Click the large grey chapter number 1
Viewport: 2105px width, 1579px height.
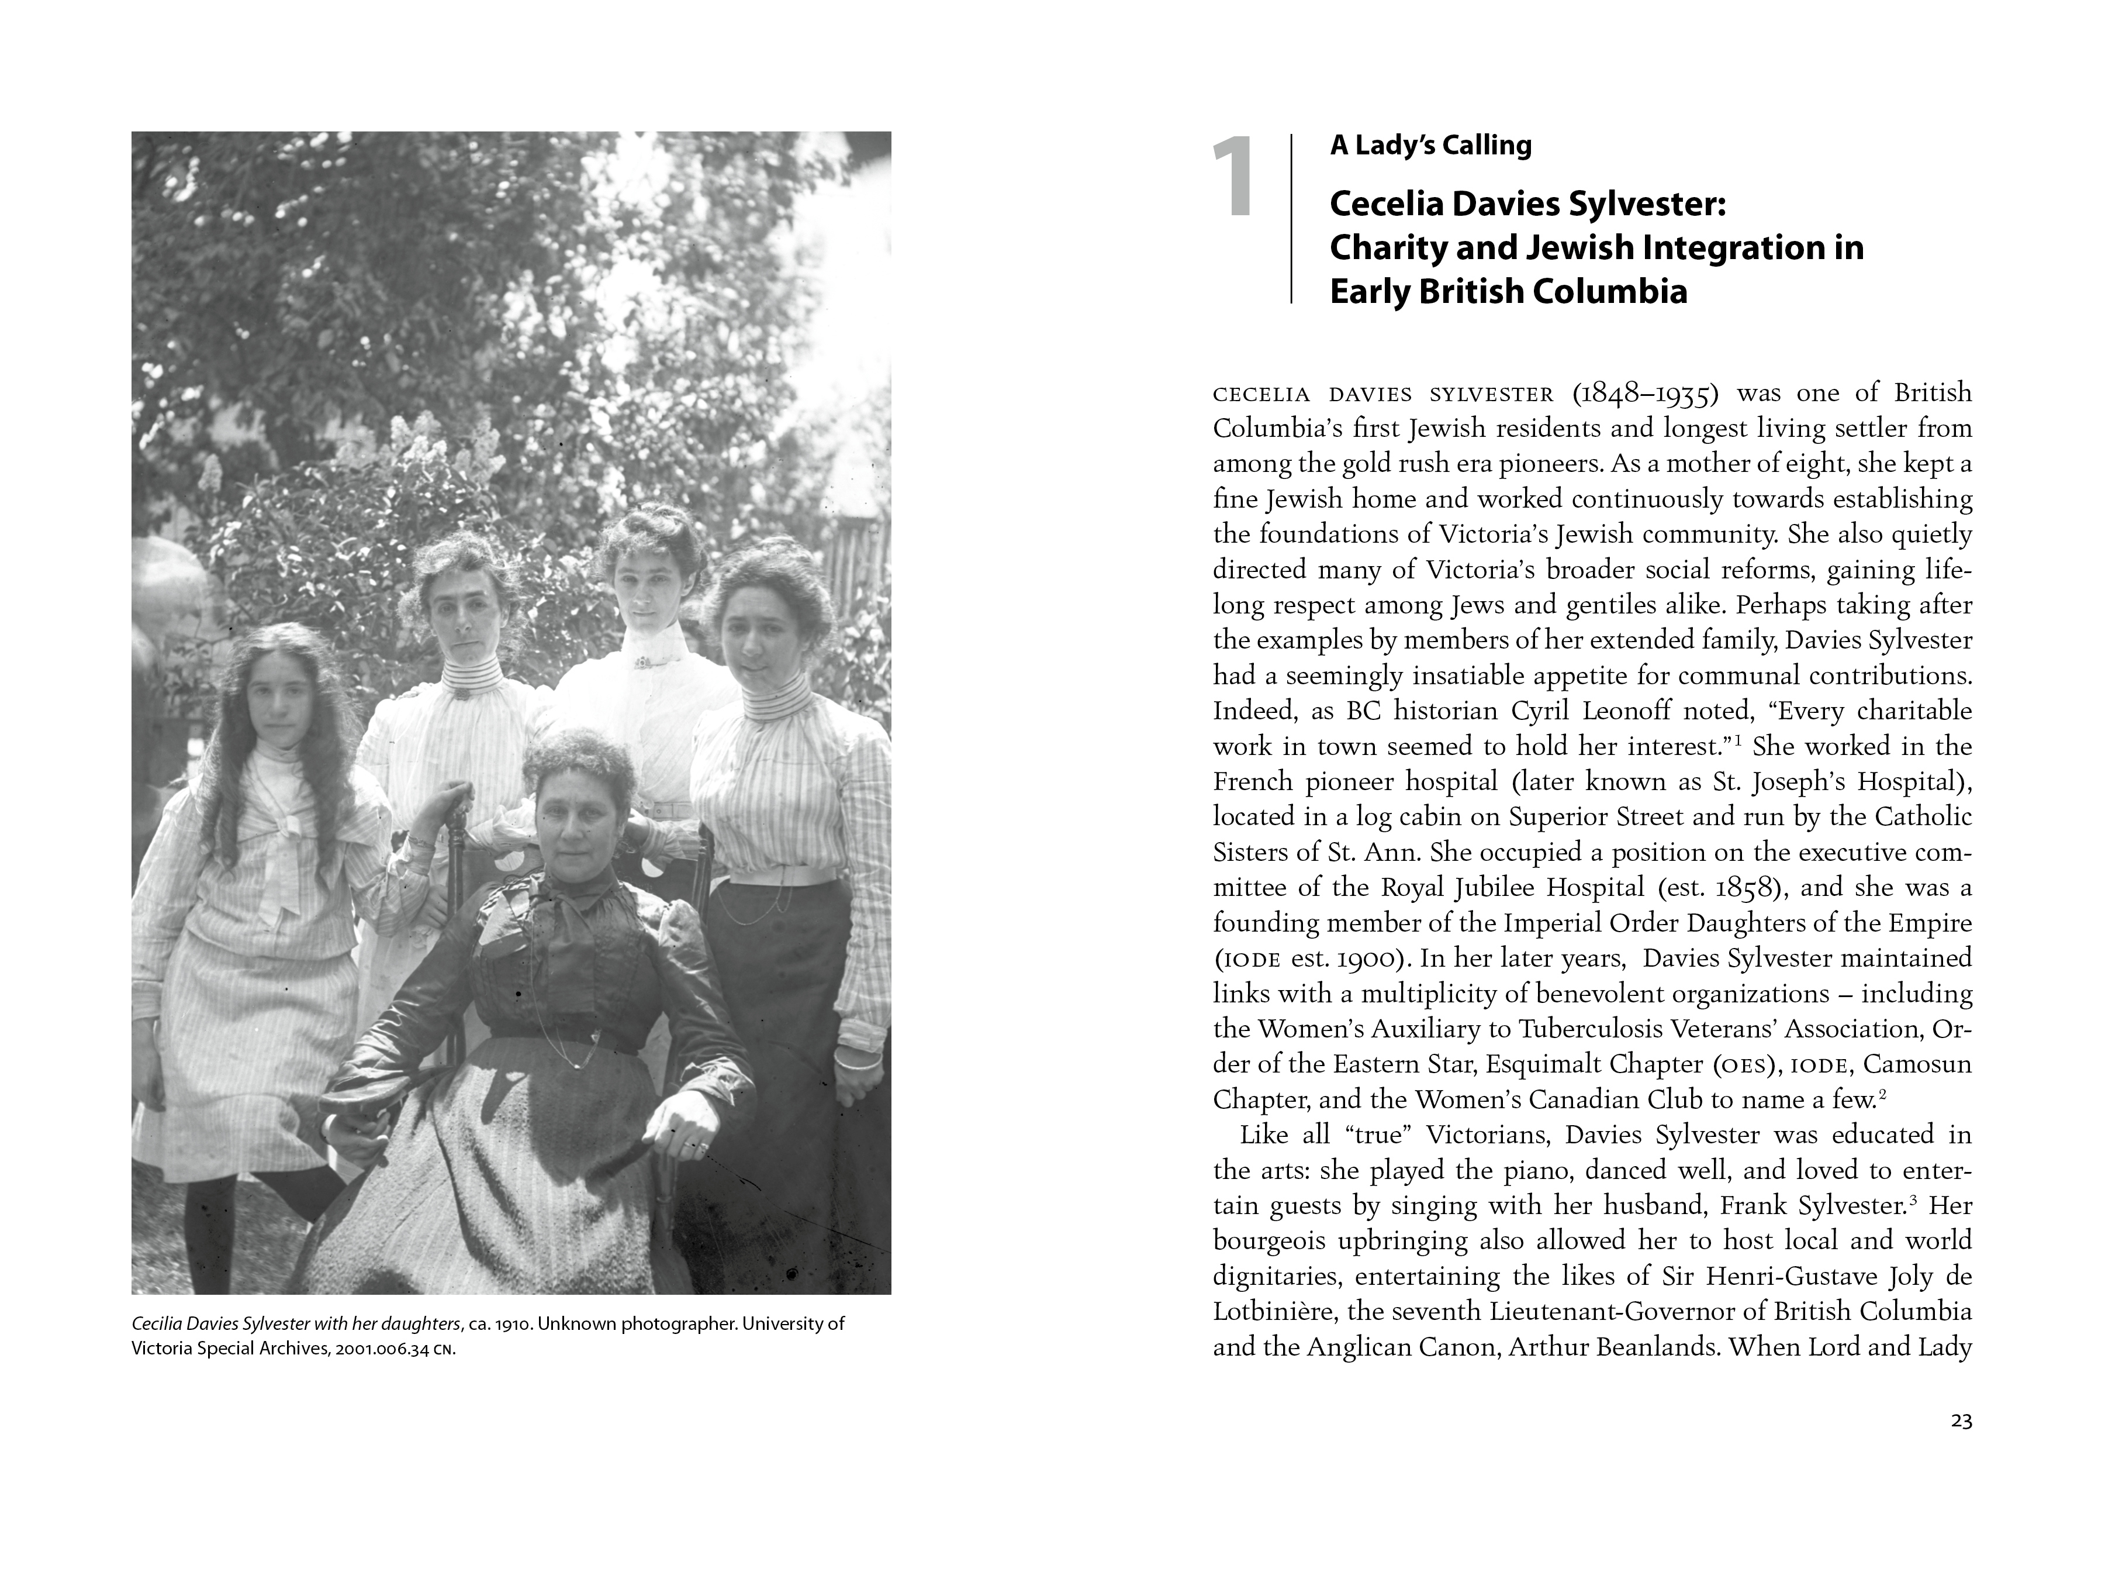point(1232,177)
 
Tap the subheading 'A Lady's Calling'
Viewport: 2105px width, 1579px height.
point(1430,146)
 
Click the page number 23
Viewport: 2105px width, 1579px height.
point(1961,1421)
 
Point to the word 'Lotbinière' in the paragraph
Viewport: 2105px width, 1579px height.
point(1273,1312)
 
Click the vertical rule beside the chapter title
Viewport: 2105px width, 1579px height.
point(1291,219)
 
